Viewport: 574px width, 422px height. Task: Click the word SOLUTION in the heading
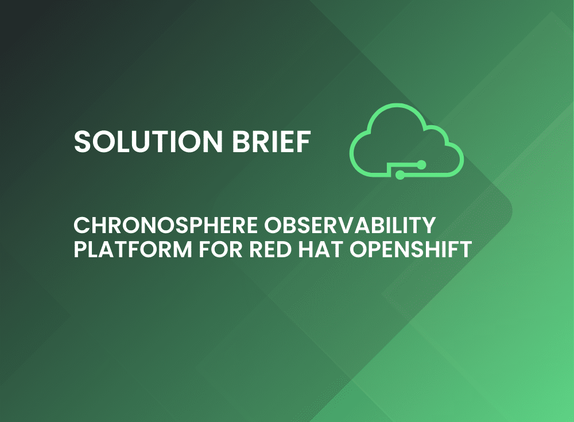coord(148,141)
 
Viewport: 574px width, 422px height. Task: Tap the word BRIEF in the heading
coord(272,141)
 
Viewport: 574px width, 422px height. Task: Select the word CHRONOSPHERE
coord(165,225)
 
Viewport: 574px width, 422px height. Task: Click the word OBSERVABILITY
coord(350,225)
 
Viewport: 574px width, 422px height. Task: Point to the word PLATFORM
coord(133,249)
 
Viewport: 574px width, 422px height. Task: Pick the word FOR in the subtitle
coord(220,249)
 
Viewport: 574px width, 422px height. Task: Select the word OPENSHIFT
coord(410,249)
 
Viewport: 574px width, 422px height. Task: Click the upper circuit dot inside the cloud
coord(421,165)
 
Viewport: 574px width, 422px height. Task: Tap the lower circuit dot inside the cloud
coord(400,175)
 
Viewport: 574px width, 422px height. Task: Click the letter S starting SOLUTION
coord(82,141)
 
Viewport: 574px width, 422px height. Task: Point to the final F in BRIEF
coord(304,141)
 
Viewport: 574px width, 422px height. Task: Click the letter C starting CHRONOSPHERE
coord(82,225)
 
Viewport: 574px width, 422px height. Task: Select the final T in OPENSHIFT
coord(464,249)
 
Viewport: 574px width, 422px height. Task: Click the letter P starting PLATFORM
coord(80,249)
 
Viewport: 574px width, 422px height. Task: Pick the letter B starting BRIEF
coord(241,141)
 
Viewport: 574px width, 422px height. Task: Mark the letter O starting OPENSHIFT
coord(359,249)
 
